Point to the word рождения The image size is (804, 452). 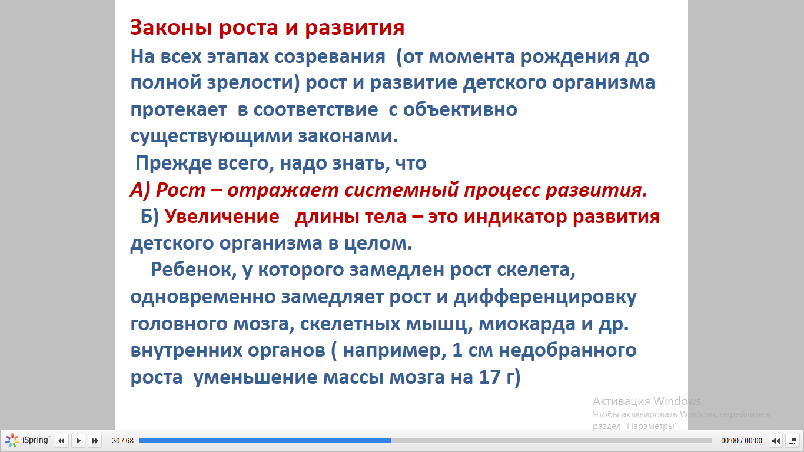point(570,57)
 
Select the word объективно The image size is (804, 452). point(460,109)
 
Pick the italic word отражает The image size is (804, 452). point(283,190)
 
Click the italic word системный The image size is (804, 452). point(401,190)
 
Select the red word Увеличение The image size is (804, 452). point(222,217)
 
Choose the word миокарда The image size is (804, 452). point(527,324)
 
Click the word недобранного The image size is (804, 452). point(568,351)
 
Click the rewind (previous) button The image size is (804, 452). point(61,440)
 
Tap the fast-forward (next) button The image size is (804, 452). point(95,440)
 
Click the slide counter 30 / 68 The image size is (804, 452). point(123,440)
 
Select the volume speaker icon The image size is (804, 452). point(776,440)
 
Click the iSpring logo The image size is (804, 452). point(28,440)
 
